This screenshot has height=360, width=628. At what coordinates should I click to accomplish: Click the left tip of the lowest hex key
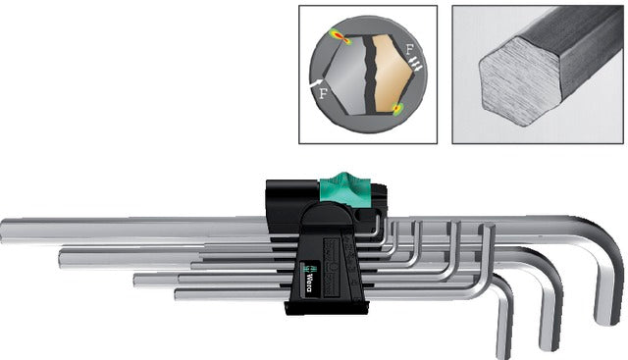pos(180,292)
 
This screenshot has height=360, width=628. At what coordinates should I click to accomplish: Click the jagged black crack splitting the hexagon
pos(367,74)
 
